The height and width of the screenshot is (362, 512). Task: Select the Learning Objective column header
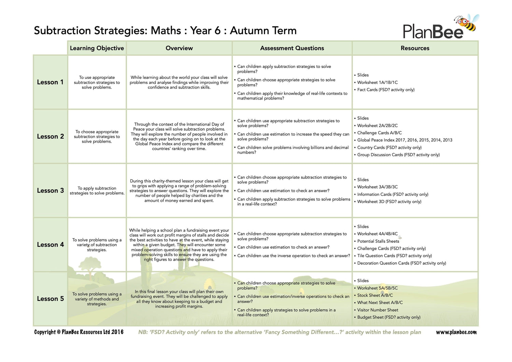97,48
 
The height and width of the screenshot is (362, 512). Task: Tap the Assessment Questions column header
292,48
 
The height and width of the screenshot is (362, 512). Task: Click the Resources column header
415,48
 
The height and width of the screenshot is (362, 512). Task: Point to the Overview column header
179,48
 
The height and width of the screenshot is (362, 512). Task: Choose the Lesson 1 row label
50,82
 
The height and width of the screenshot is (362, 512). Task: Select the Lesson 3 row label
50,190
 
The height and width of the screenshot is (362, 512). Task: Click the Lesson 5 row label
50,299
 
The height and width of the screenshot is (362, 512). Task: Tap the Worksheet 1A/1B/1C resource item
377,82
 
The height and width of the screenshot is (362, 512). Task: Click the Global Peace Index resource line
404,140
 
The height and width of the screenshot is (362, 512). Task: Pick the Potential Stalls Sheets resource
378,241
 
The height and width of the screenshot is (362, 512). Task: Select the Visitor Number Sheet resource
378,310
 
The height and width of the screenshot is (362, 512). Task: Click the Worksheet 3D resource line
389,201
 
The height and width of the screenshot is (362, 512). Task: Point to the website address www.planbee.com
456,332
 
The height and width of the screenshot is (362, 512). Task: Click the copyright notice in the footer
79,332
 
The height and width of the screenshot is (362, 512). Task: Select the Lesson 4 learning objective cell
97,245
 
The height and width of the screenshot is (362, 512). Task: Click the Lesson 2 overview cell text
179,136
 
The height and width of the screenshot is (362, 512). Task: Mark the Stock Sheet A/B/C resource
375,295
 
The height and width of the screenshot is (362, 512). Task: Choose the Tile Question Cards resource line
394,256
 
